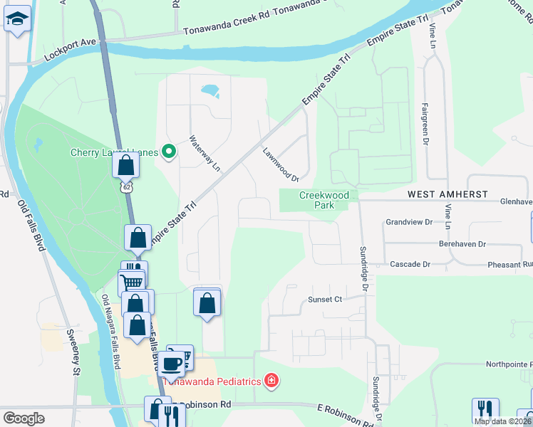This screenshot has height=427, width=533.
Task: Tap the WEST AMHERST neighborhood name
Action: coord(447,194)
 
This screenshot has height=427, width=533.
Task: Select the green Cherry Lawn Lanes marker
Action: coord(169,152)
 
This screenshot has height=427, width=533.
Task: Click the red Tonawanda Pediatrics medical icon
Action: coord(271,381)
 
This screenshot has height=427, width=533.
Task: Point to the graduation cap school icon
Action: coord(17,21)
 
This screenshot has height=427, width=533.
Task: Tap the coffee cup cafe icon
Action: coord(171,363)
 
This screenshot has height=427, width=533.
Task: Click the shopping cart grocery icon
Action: coord(132,283)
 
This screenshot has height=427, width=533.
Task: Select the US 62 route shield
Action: coord(126,186)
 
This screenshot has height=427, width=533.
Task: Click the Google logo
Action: coord(24,418)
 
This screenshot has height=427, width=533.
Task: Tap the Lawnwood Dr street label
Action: coord(279,164)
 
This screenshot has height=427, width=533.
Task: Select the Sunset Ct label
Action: coord(325,300)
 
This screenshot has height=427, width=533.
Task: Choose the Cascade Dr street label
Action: coord(410,264)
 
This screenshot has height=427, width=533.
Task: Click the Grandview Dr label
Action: coord(409,222)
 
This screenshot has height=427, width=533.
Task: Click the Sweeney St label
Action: coord(73,353)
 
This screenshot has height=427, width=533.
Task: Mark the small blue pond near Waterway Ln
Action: coord(209,90)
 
